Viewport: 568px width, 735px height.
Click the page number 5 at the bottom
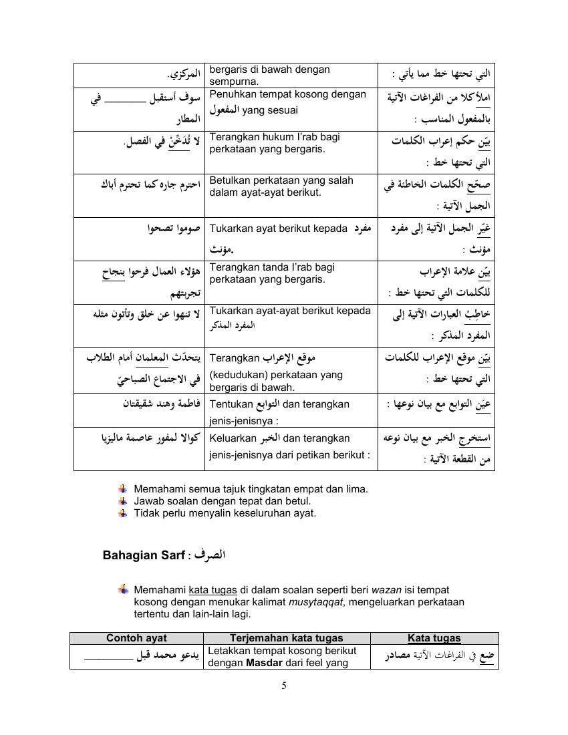point(285,684)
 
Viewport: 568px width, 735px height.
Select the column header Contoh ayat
point(137,638)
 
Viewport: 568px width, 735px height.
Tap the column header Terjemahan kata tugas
point(287,638)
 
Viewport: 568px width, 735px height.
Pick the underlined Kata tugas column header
point(434,638)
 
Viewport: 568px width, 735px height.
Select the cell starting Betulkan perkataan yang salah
point(290,186)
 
